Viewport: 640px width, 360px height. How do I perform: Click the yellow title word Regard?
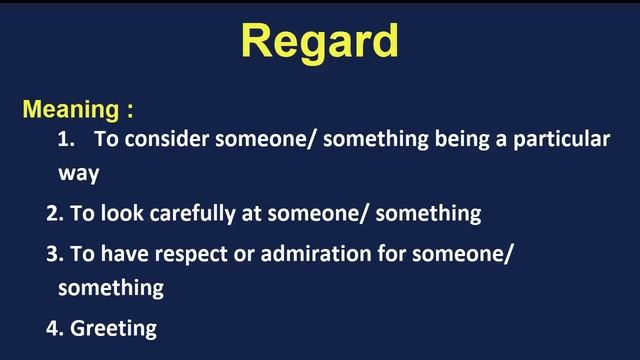point(320,41)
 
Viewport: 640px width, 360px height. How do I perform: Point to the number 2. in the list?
point(55,213)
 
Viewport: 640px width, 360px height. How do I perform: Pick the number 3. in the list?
point(55,254)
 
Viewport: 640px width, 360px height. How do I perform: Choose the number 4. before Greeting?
point(55,327)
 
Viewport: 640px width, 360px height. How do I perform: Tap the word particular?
point(563,140)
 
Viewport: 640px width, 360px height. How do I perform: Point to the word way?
point(78,174)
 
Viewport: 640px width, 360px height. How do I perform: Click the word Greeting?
point(113,327)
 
